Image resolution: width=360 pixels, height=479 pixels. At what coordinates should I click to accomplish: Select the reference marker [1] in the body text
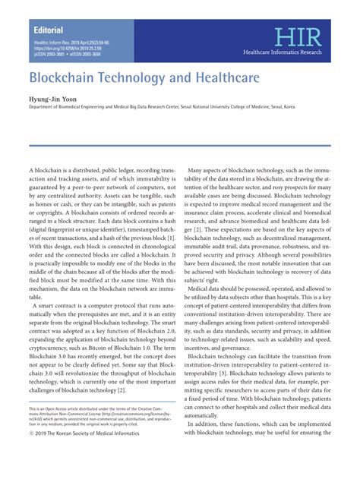coord(171,240)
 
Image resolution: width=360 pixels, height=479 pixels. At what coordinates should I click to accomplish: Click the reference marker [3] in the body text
coord(242,373)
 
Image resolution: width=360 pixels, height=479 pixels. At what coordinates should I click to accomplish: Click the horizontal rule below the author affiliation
coord(179,144)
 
